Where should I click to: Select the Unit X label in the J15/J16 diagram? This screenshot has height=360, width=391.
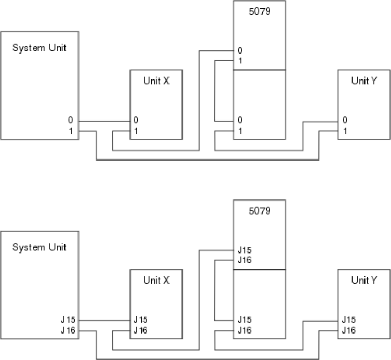click(x=155, y=280)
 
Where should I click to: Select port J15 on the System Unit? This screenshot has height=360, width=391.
click(x=68, y=319)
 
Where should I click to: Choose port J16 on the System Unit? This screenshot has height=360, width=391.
click(x=68, y=329)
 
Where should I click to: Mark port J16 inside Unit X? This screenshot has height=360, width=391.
click(x=139, y=329)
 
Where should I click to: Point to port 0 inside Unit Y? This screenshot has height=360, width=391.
click(x=345, y=120)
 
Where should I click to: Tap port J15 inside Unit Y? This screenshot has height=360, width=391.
click(x=348, y=319)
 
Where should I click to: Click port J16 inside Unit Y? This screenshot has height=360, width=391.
click(x=348, y=329)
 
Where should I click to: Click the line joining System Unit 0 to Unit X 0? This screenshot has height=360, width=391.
click(x=104, y=121)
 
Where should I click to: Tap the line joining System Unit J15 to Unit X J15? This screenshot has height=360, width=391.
click(x=104, y=320)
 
